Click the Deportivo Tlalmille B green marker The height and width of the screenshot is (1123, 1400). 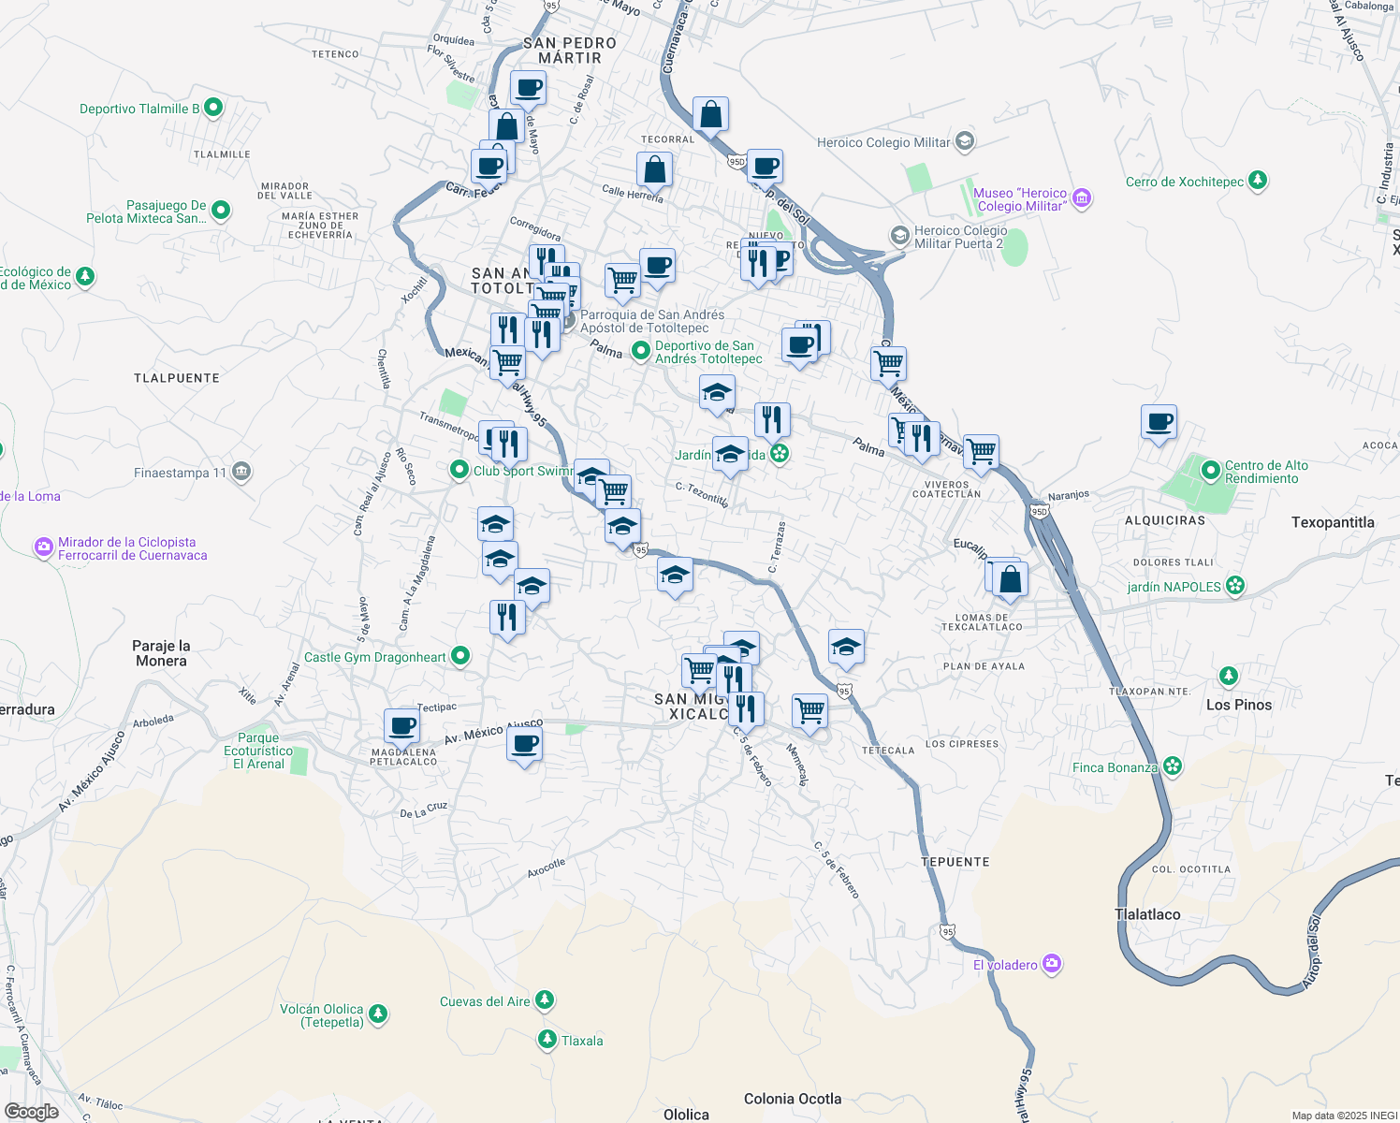tap(213, 108)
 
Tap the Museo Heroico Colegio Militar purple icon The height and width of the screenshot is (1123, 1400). tap(1082, 198)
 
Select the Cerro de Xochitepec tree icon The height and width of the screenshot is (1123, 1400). tap(1258, 181)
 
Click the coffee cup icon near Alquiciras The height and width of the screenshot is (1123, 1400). tap(1159, 422)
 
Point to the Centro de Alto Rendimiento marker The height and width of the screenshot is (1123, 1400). tap(1211, 471)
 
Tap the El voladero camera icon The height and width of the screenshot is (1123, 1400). tap(1052, 964)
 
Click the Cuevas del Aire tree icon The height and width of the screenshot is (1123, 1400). tap(545, 1000)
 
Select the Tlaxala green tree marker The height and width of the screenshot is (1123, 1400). tap(547, 1040)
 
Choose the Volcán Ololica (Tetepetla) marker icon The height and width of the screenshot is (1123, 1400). tap(377, 1014)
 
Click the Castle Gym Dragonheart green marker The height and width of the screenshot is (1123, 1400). tap(460, 656)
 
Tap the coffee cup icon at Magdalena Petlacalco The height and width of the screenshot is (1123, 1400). tap(402, 726)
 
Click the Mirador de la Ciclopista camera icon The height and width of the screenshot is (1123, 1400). tap(43, 547)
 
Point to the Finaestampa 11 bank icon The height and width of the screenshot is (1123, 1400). tap(241, 471)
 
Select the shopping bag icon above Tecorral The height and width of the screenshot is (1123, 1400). tap(710, 115)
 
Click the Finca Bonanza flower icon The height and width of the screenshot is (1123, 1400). tap(1173, 766)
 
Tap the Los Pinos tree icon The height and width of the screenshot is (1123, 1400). tap(1228, 676)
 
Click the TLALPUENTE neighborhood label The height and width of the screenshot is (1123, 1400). tap(177, 378)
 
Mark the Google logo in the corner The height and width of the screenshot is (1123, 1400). tap(32, 1111)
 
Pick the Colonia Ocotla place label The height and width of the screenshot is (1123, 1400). tap(792, 1099)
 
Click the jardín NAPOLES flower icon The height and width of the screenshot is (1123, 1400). tap(1235, 586)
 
